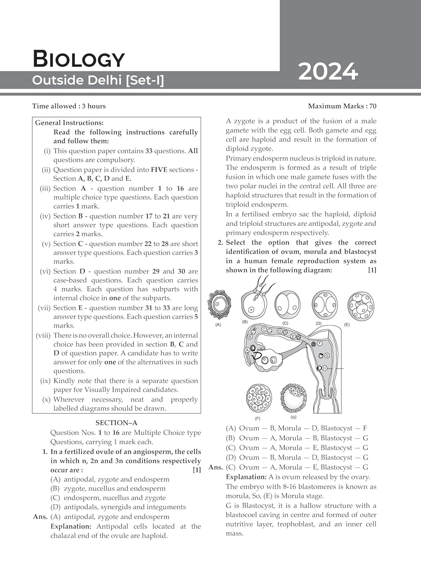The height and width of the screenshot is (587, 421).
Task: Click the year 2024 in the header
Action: pos(328,72)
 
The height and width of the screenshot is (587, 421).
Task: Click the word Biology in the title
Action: pos(79,59)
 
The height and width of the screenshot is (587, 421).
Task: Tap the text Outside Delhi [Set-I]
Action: pos(98,80)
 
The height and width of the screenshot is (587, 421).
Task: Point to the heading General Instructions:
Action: pos(69,123)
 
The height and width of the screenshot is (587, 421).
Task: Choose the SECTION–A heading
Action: pos(116,423)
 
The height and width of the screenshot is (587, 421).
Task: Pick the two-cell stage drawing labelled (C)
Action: pos(287,305)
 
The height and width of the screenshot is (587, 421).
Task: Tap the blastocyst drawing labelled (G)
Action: pos(293,398)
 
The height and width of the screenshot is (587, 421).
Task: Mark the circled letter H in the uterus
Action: pos(324,368)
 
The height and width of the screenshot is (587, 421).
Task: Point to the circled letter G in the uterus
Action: pos(327,355)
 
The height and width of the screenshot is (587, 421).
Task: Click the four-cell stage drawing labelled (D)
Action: pos(324,304)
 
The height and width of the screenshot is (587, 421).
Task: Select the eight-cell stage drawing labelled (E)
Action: pos(360,306)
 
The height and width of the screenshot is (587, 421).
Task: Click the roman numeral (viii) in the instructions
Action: pos(43,335)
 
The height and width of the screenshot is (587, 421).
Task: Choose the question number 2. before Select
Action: pos(220,243)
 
